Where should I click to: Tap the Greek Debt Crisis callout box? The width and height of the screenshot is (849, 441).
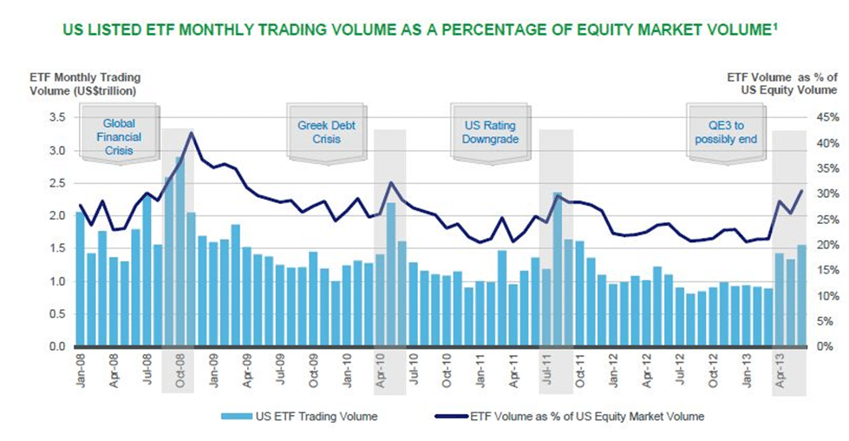pyautogui.click(x=326, y=132)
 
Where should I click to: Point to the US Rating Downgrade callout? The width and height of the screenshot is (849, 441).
pyautogui.click(x=490, y=132)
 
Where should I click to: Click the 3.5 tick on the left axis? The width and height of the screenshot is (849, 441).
pyautogui.click(x=58, y=117)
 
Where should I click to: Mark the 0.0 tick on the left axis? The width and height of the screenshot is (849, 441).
pyautogui.click(x=58, y=346)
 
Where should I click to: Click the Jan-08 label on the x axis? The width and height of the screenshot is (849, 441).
pyautogui.click(x=81, y=372)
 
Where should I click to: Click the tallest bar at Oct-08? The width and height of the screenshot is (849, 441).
pyautogui.click(x=180, y=252)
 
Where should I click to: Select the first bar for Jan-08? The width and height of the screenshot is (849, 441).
pyautogui.click(x=81, y=278)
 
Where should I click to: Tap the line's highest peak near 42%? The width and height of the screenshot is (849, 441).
pyautogui.click(x=191, y=133)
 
